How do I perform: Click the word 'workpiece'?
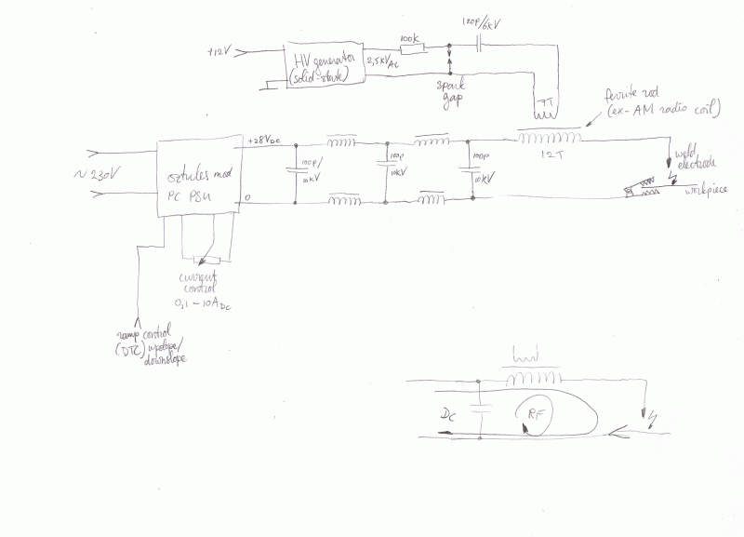[704, 191]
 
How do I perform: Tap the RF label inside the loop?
[536, 416]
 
